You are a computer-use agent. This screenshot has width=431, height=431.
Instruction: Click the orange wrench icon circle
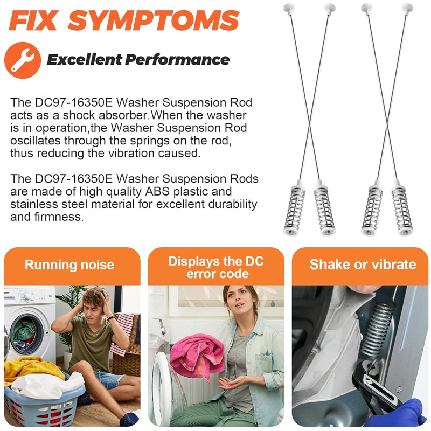[23, 60]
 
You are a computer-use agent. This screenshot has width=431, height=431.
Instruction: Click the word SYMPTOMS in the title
[154, 20]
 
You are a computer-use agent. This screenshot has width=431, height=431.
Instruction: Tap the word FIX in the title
[34, 20]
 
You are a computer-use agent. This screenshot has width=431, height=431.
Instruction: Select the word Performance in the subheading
[177, 60]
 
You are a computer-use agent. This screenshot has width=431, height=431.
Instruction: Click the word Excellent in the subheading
[85, 60]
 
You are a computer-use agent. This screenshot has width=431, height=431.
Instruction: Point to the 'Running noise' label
[69, 265]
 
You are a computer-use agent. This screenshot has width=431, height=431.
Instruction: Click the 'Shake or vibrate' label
[363, 265]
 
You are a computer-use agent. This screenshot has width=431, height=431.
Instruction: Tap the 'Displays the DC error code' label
[216, 267]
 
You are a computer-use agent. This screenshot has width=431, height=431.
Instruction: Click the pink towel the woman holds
[196, 355]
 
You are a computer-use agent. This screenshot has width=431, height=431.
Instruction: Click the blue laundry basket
[44, 404]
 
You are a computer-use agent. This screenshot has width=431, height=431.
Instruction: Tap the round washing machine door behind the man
[26, 334]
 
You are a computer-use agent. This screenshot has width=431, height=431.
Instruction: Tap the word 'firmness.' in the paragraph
[59, 217]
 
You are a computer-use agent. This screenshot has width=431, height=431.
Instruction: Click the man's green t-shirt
[92, 341]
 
